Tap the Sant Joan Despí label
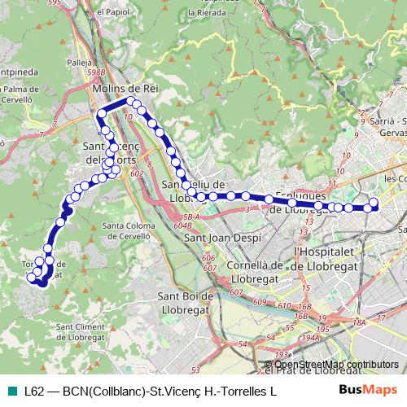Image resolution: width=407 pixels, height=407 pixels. tap(218, 239)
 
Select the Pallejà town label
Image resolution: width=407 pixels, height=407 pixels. tap(79, 61)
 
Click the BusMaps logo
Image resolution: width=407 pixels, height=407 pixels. tap(368, 391)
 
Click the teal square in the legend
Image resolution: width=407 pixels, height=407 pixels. tap(12, 392)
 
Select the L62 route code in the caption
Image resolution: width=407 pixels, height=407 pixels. tap(33, 392)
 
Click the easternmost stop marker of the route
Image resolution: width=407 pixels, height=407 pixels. tap(374, 203)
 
